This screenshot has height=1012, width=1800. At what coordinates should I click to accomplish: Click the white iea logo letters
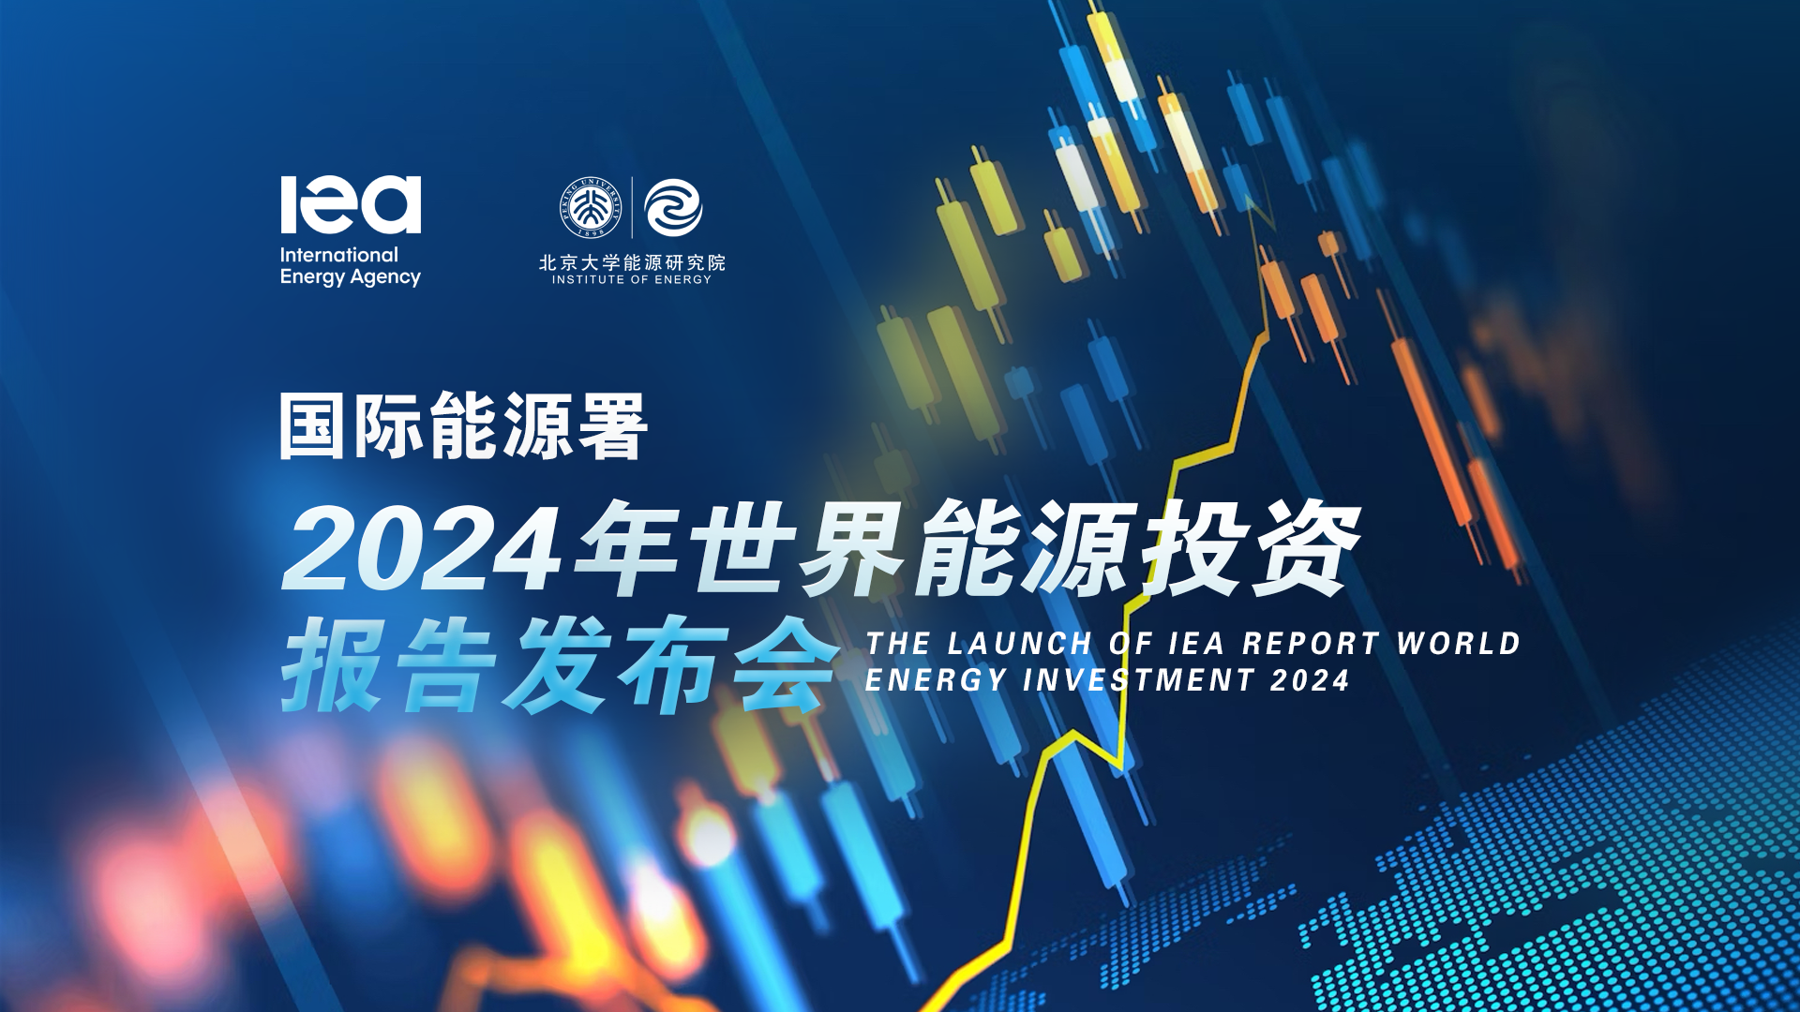(351, 204)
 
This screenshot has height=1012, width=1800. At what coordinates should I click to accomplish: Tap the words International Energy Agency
(350, 266)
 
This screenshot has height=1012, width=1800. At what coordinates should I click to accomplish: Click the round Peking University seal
(591, 207)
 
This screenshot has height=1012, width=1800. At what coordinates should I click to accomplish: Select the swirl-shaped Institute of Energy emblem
(674, 207)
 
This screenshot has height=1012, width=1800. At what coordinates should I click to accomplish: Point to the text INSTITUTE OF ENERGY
(632, 279)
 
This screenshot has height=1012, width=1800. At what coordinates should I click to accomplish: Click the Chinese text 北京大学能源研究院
(632, 262)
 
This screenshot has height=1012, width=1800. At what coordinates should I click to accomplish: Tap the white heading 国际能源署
(464, 426)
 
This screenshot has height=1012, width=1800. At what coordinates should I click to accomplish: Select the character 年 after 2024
(627, 548)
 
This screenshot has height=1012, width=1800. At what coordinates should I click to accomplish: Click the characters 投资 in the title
(1252, 548)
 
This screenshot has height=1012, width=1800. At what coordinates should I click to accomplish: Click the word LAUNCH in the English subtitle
(1020, 644)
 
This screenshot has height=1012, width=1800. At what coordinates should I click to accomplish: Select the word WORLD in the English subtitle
(1459, 644)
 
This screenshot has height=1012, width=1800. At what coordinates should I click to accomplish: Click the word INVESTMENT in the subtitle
(1139, 680)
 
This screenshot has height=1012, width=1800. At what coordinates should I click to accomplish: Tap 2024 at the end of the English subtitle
(1311, 680)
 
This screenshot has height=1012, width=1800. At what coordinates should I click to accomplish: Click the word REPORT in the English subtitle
(1311, 644)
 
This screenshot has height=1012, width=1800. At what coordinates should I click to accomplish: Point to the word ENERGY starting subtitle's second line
(937, 680)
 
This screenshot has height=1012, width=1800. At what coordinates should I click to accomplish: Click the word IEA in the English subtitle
(1197, 644)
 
